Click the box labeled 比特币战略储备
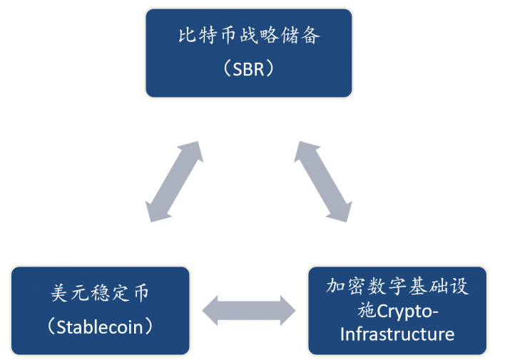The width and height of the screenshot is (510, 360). [248, 53]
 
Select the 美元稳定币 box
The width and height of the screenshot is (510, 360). [101, 310]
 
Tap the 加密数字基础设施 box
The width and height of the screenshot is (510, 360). [397, 310]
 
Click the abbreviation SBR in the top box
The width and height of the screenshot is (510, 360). [249, 69]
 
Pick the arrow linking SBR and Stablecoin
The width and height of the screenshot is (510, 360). [173, 181]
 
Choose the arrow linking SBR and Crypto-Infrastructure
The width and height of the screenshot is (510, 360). [322, 181]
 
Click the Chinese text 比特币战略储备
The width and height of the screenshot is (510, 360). [249, 36]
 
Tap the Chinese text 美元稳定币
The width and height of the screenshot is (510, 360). [101, 293]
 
